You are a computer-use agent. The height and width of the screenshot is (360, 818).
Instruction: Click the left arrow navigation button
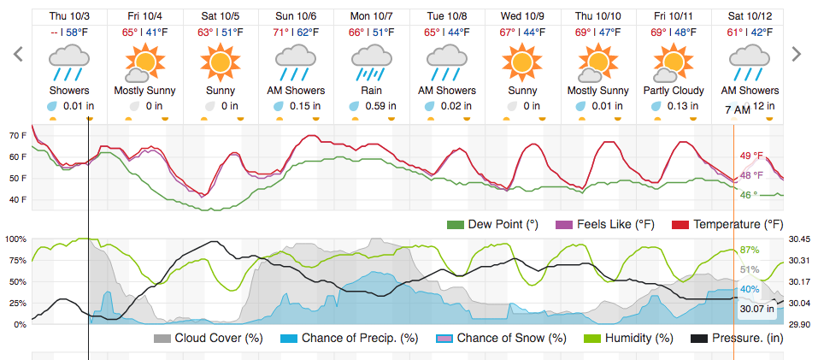coord(15,55)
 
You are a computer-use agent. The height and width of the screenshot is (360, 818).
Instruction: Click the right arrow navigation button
coord(797,55)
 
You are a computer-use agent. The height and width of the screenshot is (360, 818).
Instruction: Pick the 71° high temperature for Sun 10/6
coord(280,32)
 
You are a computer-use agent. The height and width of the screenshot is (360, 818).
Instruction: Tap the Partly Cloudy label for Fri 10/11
coord(674,91)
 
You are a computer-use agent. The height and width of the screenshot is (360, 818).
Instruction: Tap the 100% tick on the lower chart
coord(17,239)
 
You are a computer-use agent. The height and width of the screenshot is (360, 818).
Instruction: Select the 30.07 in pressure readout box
coord(757,309)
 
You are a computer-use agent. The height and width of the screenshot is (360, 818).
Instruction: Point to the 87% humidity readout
coord(750,250)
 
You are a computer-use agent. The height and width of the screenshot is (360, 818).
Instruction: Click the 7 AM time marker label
coord(738,110)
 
